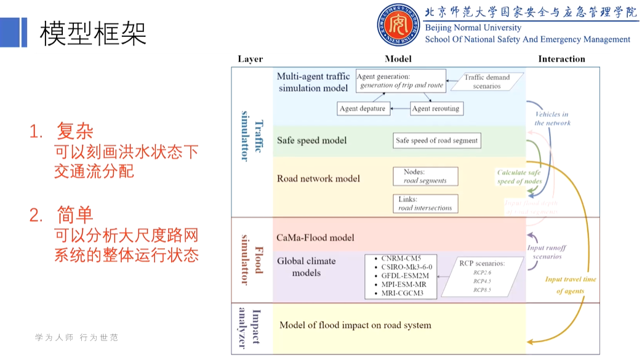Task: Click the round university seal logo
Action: (399, 25)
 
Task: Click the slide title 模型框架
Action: (93, 33)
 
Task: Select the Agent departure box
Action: (363, 109)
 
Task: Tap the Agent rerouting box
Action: (435, 109)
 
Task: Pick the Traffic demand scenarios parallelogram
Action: (486, 82)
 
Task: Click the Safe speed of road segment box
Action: (436, 140)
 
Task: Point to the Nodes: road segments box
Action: (425, 177)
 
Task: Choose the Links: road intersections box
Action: (425, 204)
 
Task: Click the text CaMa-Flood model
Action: (315, 238)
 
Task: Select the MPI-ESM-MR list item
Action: (404, 284)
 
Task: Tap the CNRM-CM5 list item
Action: (401, 258)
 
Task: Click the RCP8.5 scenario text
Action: (482, 289)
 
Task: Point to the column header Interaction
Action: (561, 59)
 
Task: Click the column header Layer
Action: (250, 59)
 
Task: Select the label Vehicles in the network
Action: (552, 118)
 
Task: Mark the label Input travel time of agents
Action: (570, 285)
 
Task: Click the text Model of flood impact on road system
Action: (355, 325)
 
